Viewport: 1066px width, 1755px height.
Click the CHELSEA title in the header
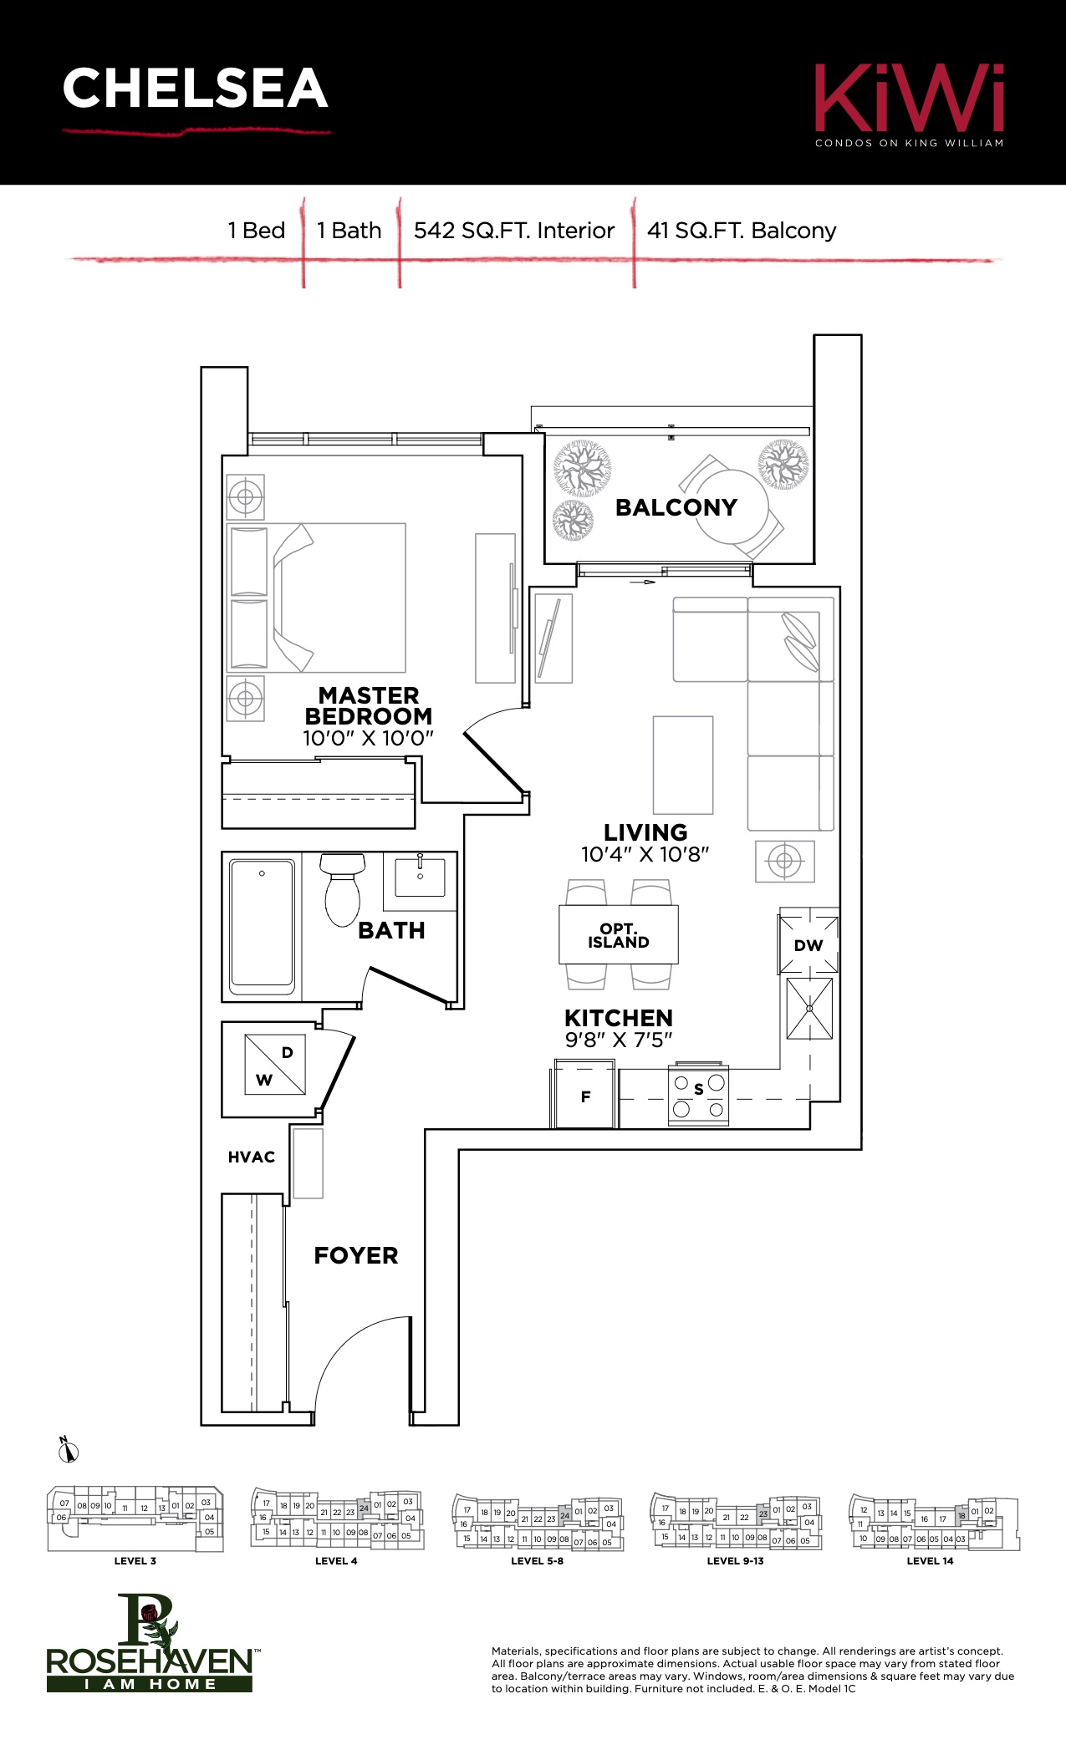tap(195, 89)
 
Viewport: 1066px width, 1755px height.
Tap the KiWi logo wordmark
tap(910, 98)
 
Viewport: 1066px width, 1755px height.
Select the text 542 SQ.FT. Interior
tap(514, 231)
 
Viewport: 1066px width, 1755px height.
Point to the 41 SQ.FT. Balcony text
tap(742, 231)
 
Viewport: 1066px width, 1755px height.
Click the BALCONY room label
tap(676, 507)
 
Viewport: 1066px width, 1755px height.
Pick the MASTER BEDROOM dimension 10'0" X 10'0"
tap(368, 738)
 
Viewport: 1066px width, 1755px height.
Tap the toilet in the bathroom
tap(342, 889)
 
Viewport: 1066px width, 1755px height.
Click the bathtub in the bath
tap(263, 926)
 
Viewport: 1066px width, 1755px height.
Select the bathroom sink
tap(420, 877)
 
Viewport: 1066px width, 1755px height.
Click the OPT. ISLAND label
tap(619, 936)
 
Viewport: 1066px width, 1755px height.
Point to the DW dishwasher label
tap(808, 945)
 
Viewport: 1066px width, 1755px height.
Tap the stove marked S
tap(698, 1095)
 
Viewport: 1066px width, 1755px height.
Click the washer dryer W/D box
tap(275, 1065)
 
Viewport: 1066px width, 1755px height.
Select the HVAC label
tap(252, 1157)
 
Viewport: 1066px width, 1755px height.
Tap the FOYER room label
tap(356, 1255)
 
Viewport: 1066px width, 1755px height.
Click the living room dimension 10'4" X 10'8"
tap(645, 854)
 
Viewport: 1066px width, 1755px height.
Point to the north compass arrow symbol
tap(68, 1450)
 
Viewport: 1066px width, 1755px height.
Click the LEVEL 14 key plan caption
tap(930, 1560)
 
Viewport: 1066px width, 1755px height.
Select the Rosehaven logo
tap(150, 1643)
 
